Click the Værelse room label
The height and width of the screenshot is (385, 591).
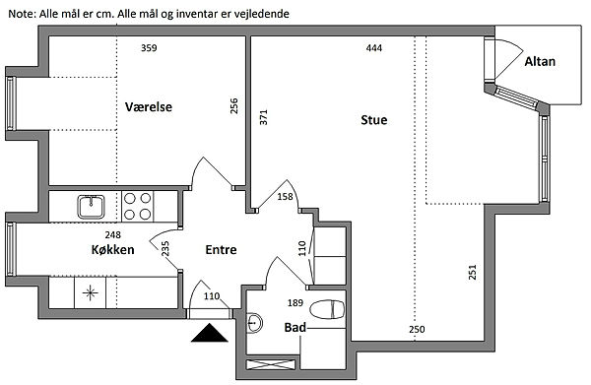tap(149, 106)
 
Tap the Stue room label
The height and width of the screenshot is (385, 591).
tap(374, 120)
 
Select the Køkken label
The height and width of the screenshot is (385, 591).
tap(112, 249)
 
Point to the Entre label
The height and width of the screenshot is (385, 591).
tap(221, 249)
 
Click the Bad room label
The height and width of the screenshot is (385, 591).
tap(295, 327)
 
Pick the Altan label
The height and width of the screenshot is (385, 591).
tap(540, 61)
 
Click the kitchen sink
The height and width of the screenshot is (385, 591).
tap(91, 207)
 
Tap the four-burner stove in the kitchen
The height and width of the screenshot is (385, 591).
tap(138, 206)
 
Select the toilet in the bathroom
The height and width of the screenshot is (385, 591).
tap(327, 309)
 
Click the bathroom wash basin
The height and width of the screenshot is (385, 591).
tap(255, 322)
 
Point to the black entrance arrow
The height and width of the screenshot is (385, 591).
tap(209, 333)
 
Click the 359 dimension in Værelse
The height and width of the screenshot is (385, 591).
tap(149, 48)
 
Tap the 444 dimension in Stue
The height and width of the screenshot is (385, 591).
tap(374, 48)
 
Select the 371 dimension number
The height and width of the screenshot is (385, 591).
tap(263, 117)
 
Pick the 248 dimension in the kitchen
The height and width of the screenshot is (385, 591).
tap(112, 234)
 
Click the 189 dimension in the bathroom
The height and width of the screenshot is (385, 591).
tap(295, 302)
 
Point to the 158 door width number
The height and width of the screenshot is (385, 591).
tap(285, 196)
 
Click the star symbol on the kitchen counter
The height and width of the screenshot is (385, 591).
tap(90, 292)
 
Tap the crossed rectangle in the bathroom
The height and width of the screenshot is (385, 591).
tap(271, 364)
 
